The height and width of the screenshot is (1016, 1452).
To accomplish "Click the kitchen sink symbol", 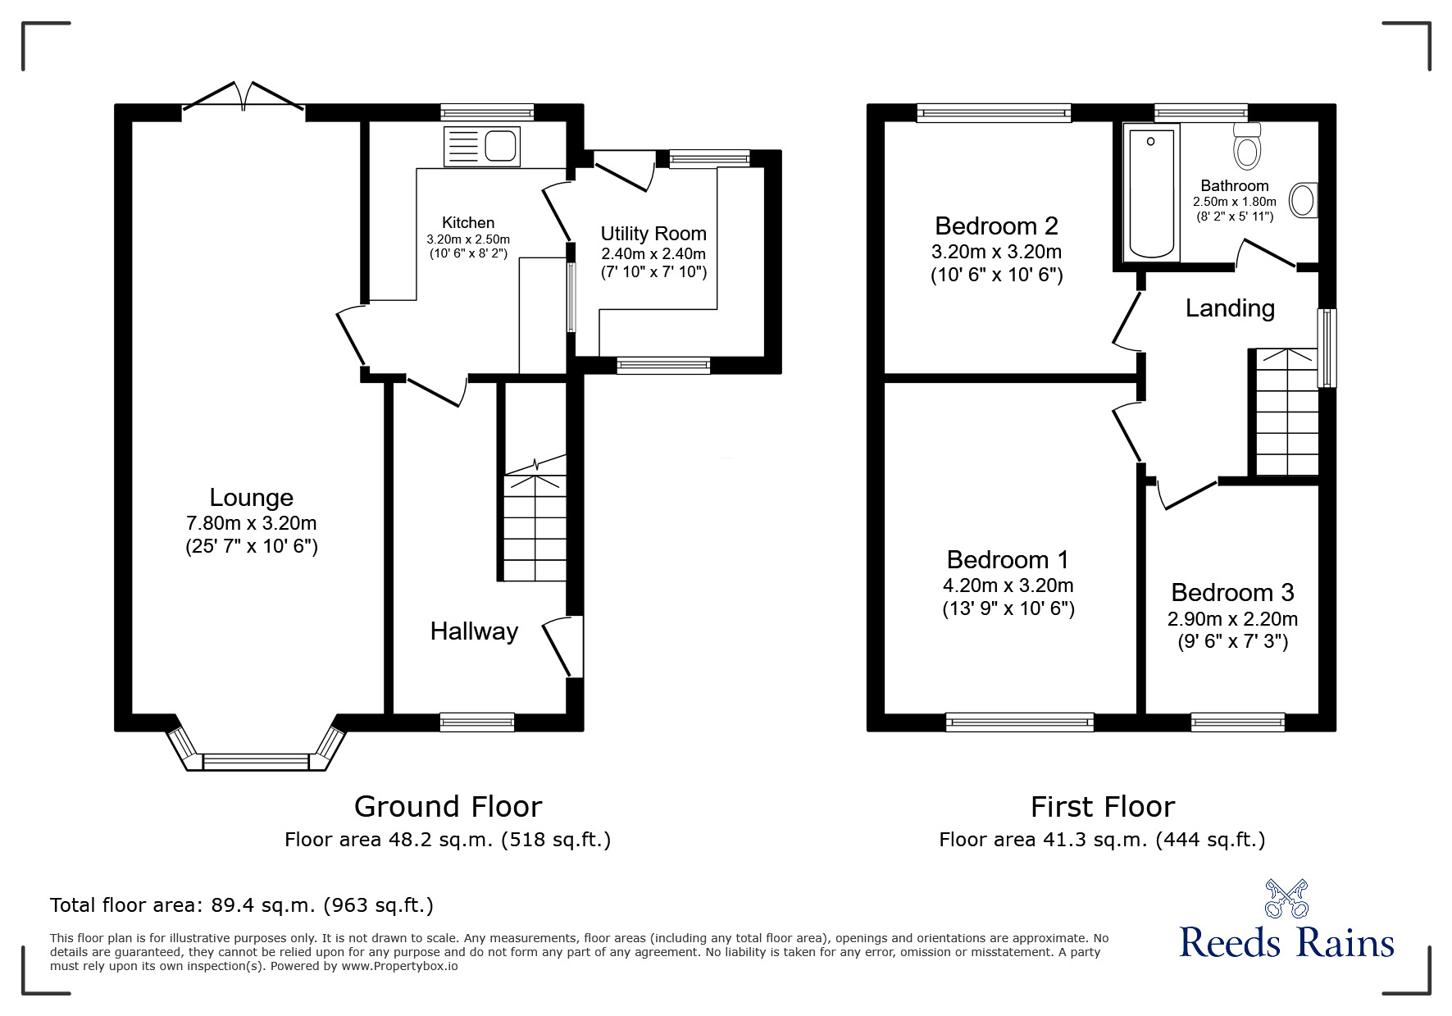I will click(482, 146).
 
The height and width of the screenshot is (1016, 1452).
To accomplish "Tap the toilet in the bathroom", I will click(1248, 148).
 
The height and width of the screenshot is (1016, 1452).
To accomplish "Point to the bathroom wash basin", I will click(1303, 200).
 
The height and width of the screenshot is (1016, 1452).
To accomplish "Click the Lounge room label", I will click(251, 498).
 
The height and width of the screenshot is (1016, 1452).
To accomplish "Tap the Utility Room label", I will click(653, 233).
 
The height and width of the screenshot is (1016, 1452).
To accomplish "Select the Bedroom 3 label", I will click(1232, 592).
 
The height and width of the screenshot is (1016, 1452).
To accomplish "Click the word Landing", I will click(1230, 308).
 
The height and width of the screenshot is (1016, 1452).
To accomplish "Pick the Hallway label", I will click(474, 631).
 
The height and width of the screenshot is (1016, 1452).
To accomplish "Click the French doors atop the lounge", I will click(244, 97).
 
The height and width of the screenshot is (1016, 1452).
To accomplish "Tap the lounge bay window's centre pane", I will click(255, 763).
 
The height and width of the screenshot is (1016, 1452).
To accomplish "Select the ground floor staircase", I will click(535, 525).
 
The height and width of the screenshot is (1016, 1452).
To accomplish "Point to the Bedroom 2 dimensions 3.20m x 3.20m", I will click(996, 252).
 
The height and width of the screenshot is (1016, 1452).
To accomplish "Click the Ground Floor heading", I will click(448, 807).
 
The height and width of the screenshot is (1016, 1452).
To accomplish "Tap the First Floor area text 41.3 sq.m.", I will click(1101, 840).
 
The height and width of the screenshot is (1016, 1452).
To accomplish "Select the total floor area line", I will click(242, 905).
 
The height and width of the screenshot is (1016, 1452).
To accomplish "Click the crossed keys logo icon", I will click(1286, 898).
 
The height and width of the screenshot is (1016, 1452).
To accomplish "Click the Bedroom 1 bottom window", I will click(1019, 722).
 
